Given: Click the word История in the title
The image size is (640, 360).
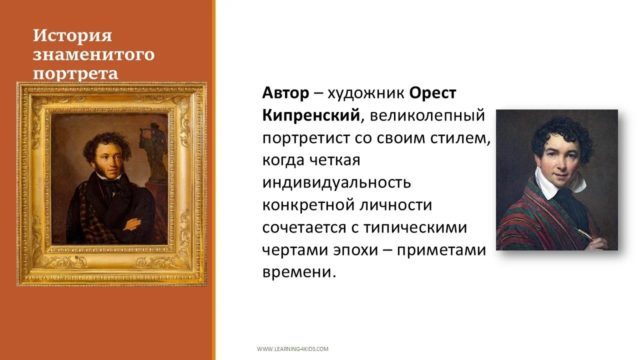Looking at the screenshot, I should [72, 36].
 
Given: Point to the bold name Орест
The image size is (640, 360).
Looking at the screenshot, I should [432, 93].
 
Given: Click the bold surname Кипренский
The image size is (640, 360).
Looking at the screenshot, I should [310, 115].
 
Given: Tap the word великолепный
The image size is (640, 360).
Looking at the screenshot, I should [427, 115].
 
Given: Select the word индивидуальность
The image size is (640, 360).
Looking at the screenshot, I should [336, 182].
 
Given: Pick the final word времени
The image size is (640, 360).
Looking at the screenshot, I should [296, 271].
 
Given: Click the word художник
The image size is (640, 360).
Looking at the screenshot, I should [366, 93].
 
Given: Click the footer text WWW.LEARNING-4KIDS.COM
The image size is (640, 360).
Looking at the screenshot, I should [292, 349].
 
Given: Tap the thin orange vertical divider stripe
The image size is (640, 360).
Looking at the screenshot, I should [213, 180].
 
